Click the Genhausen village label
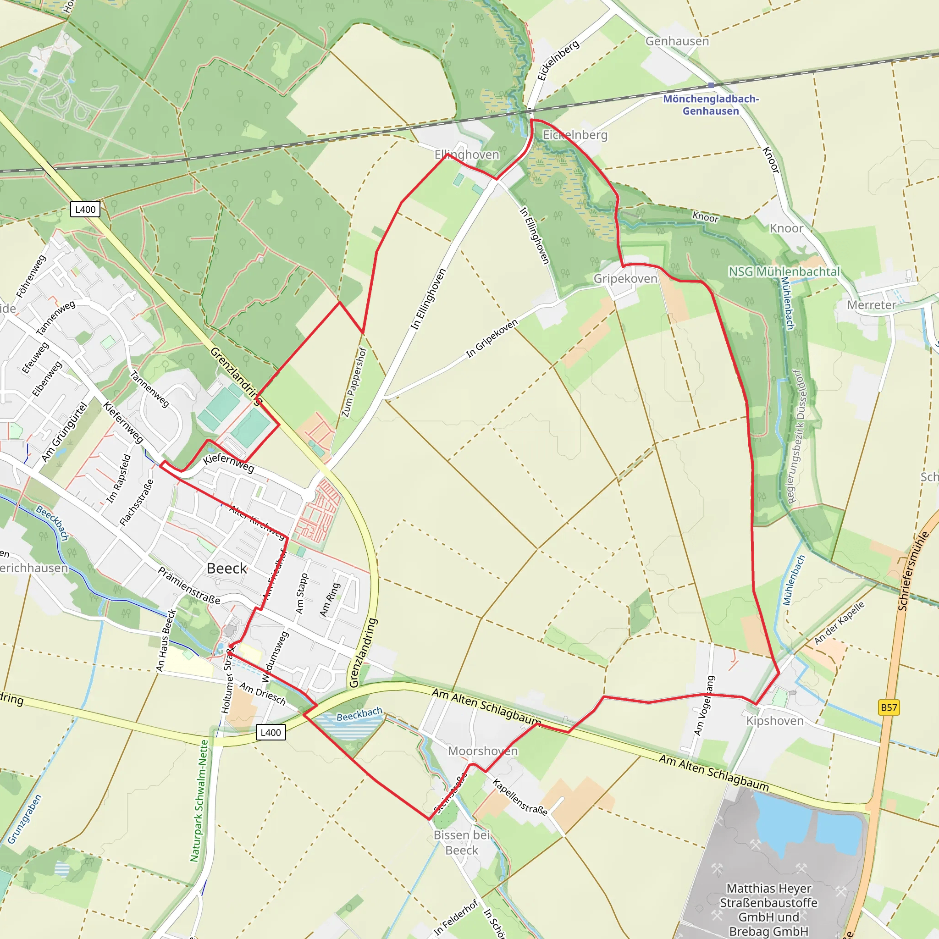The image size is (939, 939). (677, 41)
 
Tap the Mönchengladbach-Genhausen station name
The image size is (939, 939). (711, 105)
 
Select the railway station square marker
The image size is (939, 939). (711, 85)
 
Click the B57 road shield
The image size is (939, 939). (889, 707)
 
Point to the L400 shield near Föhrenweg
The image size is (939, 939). (85, 210)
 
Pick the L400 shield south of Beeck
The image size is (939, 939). (271, 732)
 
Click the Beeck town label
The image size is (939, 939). (227, 568)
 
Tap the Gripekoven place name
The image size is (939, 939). (625, 278)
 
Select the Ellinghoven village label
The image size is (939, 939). (467, 155)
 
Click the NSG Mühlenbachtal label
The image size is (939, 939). (784, 272)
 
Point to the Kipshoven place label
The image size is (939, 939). (775, 721)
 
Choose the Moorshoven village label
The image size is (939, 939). (483, 751)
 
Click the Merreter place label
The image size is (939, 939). (872, 305)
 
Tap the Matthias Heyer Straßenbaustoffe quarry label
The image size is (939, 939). (768, 909)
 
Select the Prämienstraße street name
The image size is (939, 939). (189, 585)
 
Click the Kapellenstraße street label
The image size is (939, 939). (520, 797)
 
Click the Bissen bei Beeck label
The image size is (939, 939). (462, 843)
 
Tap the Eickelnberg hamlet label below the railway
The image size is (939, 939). (575, 135)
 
